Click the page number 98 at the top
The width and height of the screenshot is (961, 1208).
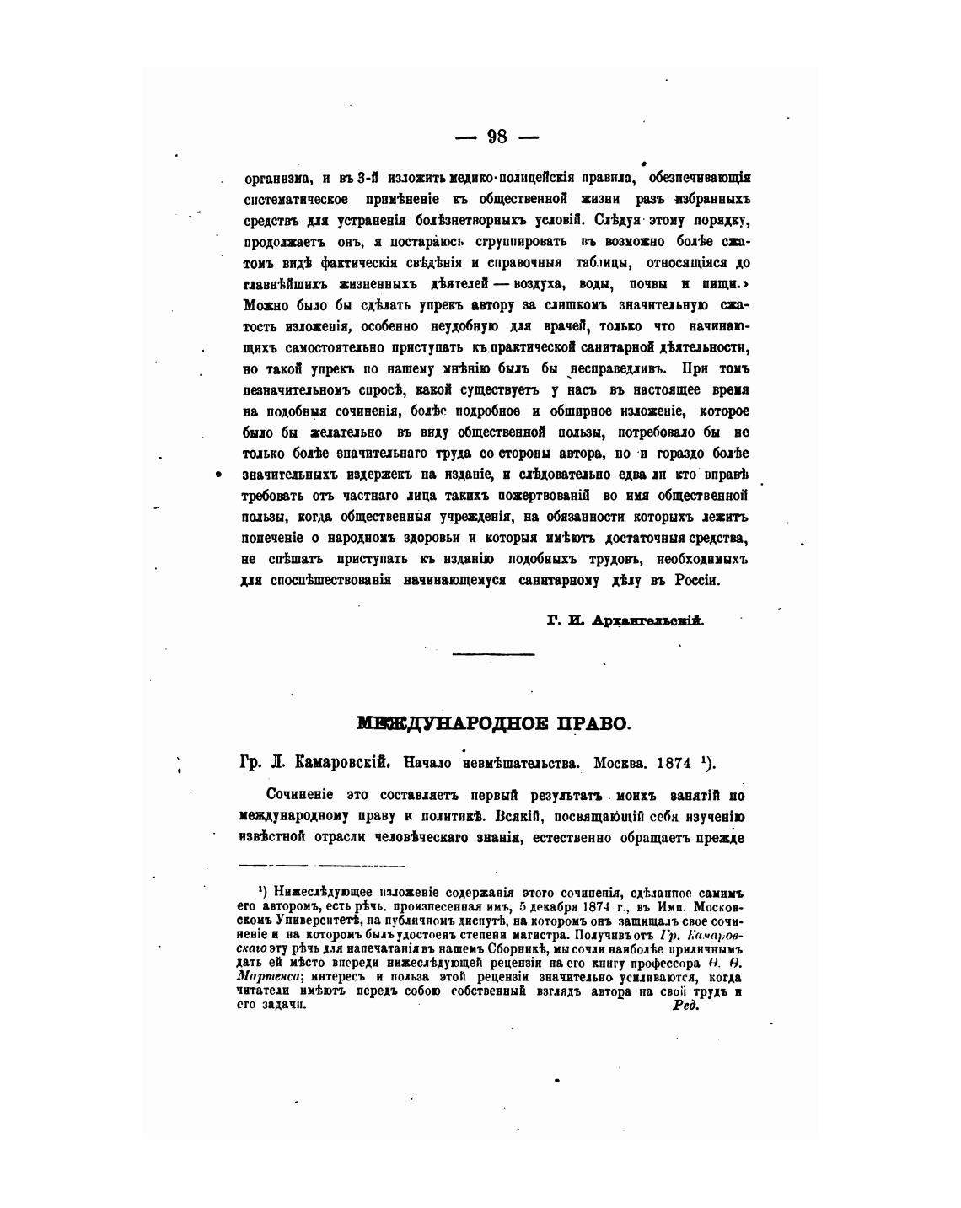click(x=497, y=137)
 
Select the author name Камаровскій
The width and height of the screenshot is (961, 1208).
click(x=341, y=763)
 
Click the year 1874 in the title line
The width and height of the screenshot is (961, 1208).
click(x=674, y=763)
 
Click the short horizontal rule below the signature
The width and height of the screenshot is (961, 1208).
click(x=493, y=653)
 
